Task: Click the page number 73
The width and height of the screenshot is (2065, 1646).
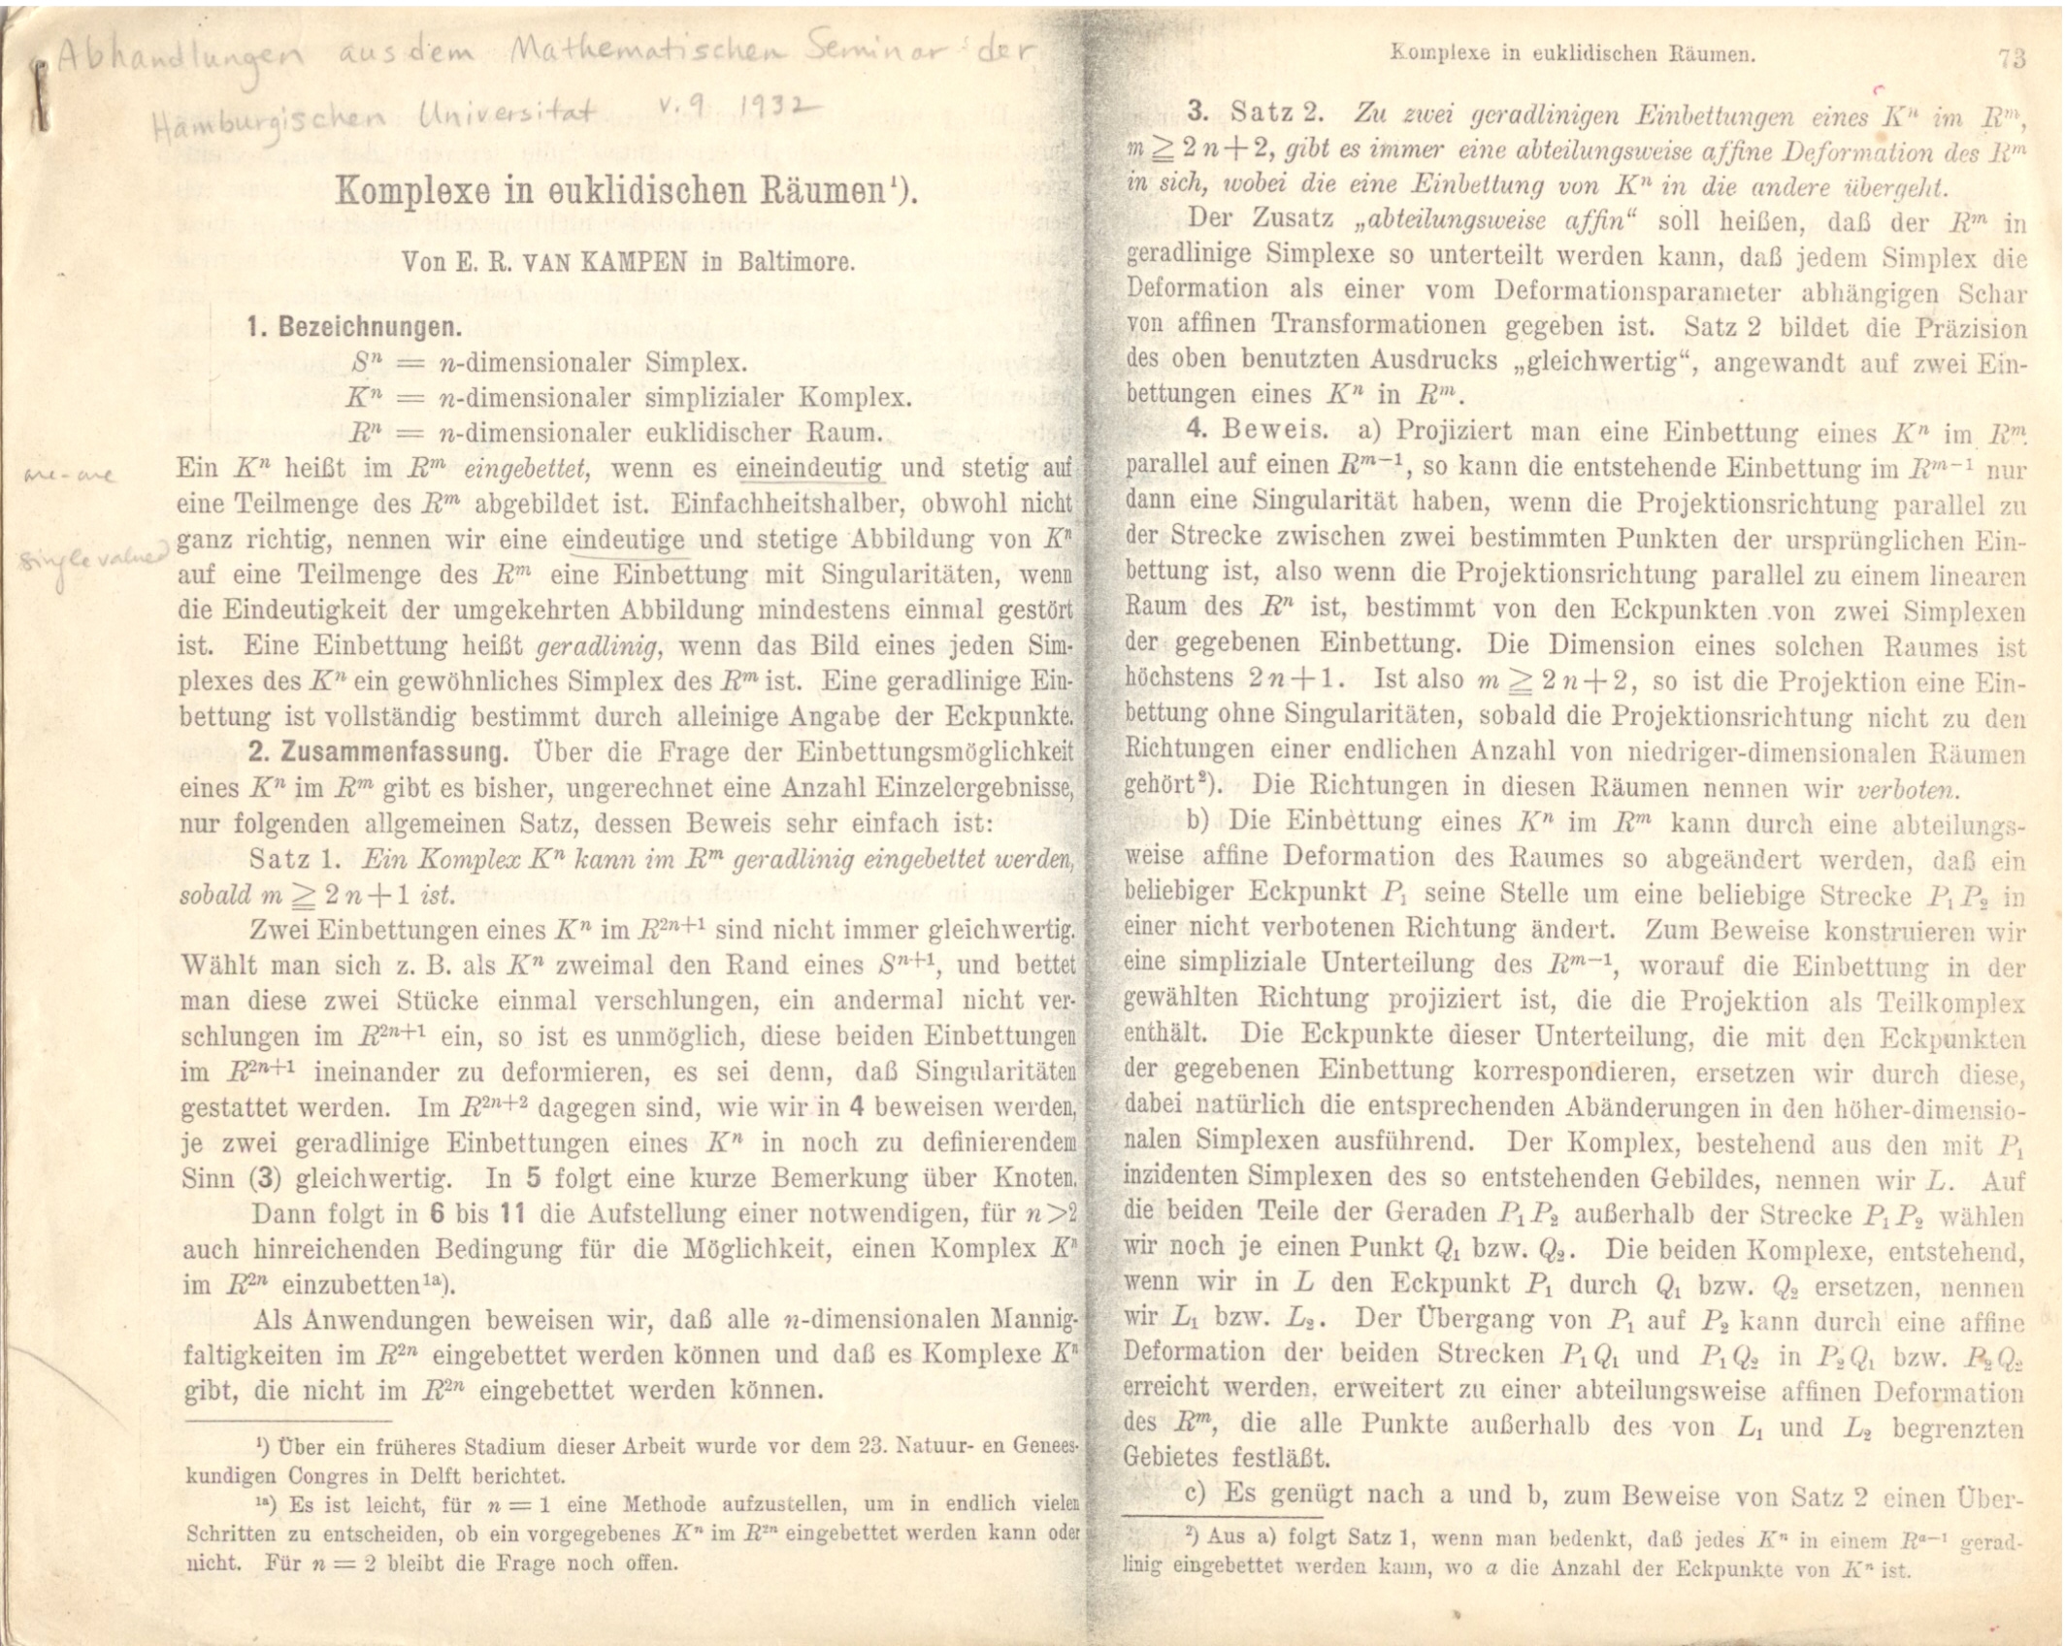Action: coord(2012,58)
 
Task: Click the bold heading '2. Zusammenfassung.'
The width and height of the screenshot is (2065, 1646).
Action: coord(377,753)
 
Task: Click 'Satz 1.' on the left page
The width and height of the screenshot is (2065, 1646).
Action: coord(294,860)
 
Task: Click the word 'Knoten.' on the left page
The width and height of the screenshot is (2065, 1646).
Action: coord(1037,1179)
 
